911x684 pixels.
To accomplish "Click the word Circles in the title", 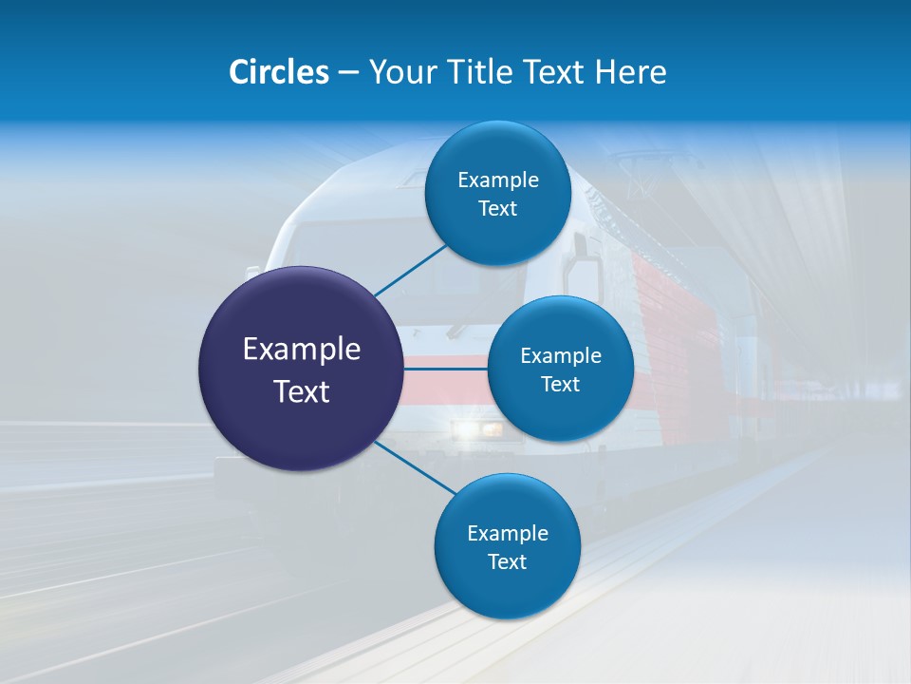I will click(278, 72).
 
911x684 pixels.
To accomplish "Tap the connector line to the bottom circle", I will click(416, 467).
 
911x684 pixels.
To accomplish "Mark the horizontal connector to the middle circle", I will click(445, 368).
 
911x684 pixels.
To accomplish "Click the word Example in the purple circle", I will click(302, 350).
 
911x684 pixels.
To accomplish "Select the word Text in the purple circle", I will click(302, 391).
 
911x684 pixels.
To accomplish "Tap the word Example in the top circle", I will click(498, 180).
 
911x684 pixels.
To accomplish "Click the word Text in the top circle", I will click(498, 209).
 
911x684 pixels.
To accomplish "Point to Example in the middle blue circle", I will click(561, 356).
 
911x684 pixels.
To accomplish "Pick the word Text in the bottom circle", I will click(508, 562).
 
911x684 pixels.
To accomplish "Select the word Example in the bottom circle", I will click(508, 534).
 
